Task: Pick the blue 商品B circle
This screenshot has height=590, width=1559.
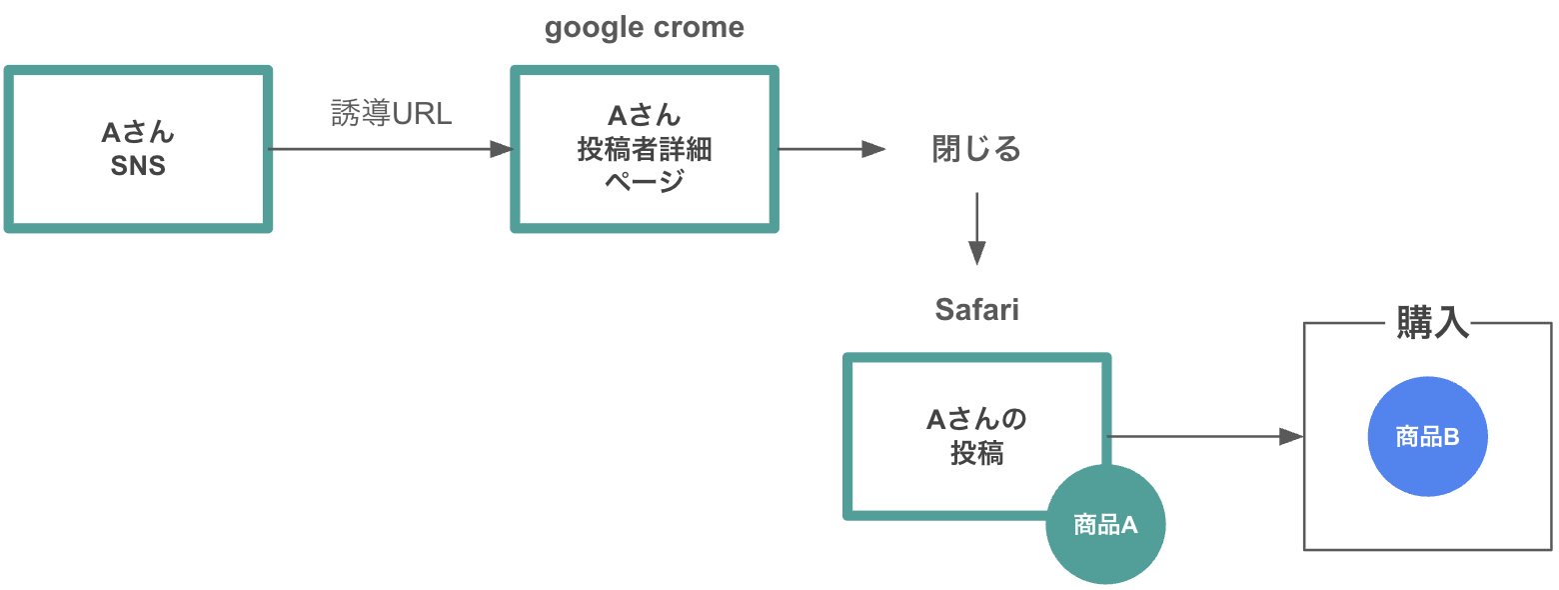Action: [1428, 437]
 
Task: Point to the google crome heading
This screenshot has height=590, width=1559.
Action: [645, 28]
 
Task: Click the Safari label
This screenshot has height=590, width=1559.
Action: [976, 310]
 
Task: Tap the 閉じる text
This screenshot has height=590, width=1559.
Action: [976, 150]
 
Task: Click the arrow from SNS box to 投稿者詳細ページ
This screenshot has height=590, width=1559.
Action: [390, 150]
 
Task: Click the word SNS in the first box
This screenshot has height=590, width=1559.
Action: [138, 166]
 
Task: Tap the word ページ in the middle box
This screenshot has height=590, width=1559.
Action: [645, 182]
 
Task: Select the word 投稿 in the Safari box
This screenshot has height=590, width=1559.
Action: [976, 454]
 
